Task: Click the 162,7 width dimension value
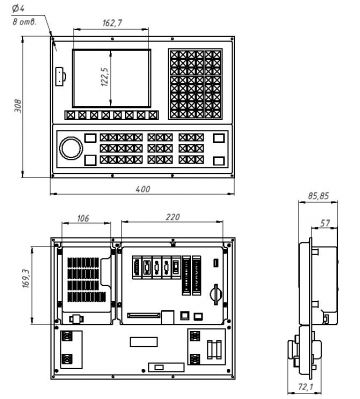[x=112, y=23]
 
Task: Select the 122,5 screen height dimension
[x=105, y=77]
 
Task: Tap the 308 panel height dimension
[x=18, y=106]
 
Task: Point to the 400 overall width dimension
[x=143, y=189]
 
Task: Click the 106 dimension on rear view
[x=83, y=218]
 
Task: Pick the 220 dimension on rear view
[x=173, y=217]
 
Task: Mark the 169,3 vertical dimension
[x=26, y=279]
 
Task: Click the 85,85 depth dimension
[x=318, y=196]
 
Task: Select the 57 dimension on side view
[x=325, y=223]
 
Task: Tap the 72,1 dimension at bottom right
[x=305, y=387]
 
